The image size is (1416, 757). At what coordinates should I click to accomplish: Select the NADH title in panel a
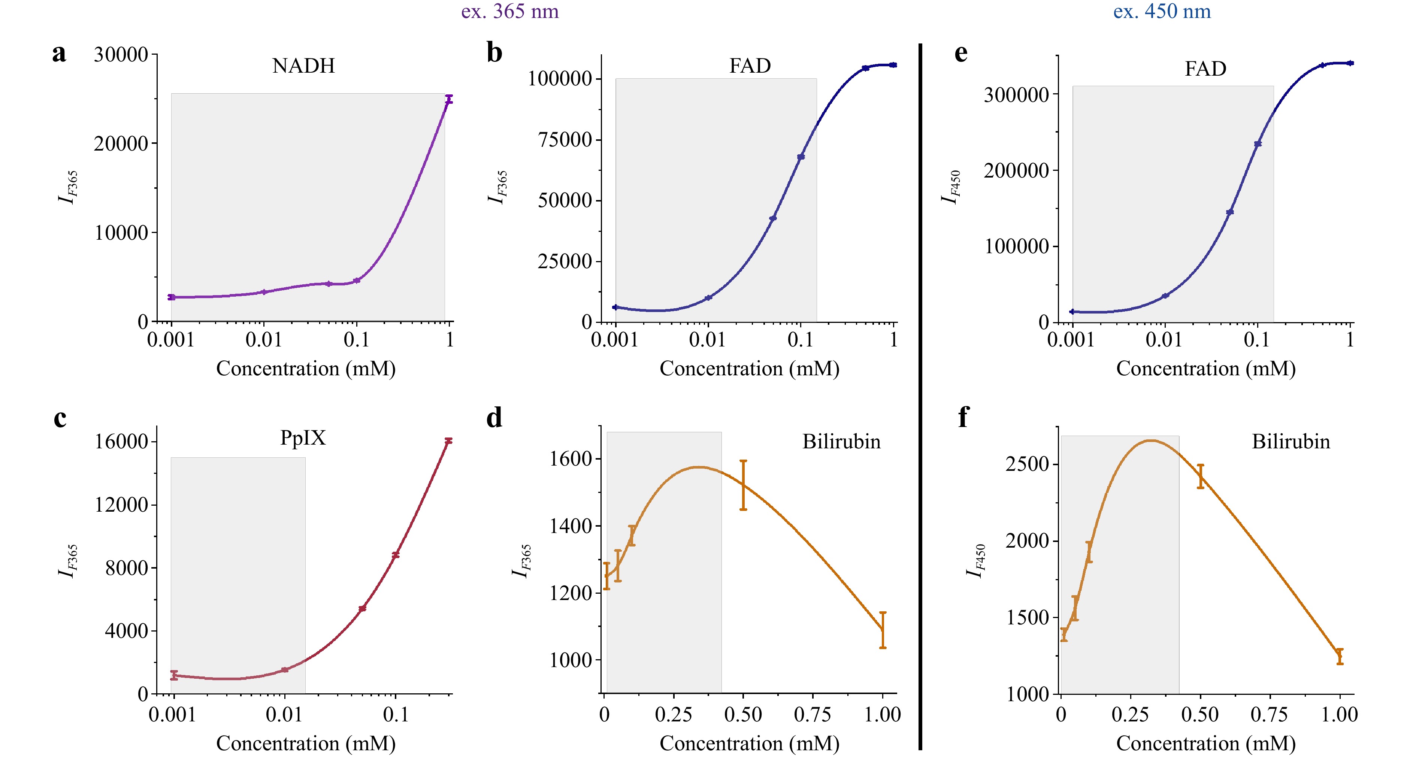tap(303, 66)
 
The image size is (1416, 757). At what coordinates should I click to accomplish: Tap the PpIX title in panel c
tap(303, 438)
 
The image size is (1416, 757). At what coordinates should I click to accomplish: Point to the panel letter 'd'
tap(494, 418)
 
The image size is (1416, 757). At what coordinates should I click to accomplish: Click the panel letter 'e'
tap(961, 53)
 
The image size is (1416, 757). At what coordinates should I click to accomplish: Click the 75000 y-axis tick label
tap(565, 140)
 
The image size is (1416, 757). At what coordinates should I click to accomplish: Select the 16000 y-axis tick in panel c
tap(121, 442)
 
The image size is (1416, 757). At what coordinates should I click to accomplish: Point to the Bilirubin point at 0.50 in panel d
tap(743, 485)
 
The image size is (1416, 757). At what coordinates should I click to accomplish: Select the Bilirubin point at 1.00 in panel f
tap(1340, 656)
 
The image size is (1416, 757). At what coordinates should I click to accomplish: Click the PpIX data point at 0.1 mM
tap(395, 555)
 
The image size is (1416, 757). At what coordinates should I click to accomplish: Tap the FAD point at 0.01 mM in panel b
tap(708, 297)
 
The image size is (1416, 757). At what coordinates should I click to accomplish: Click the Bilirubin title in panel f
tap(1291, 442)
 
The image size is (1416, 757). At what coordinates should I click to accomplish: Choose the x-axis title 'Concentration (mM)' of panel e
tap(1205, 368)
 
